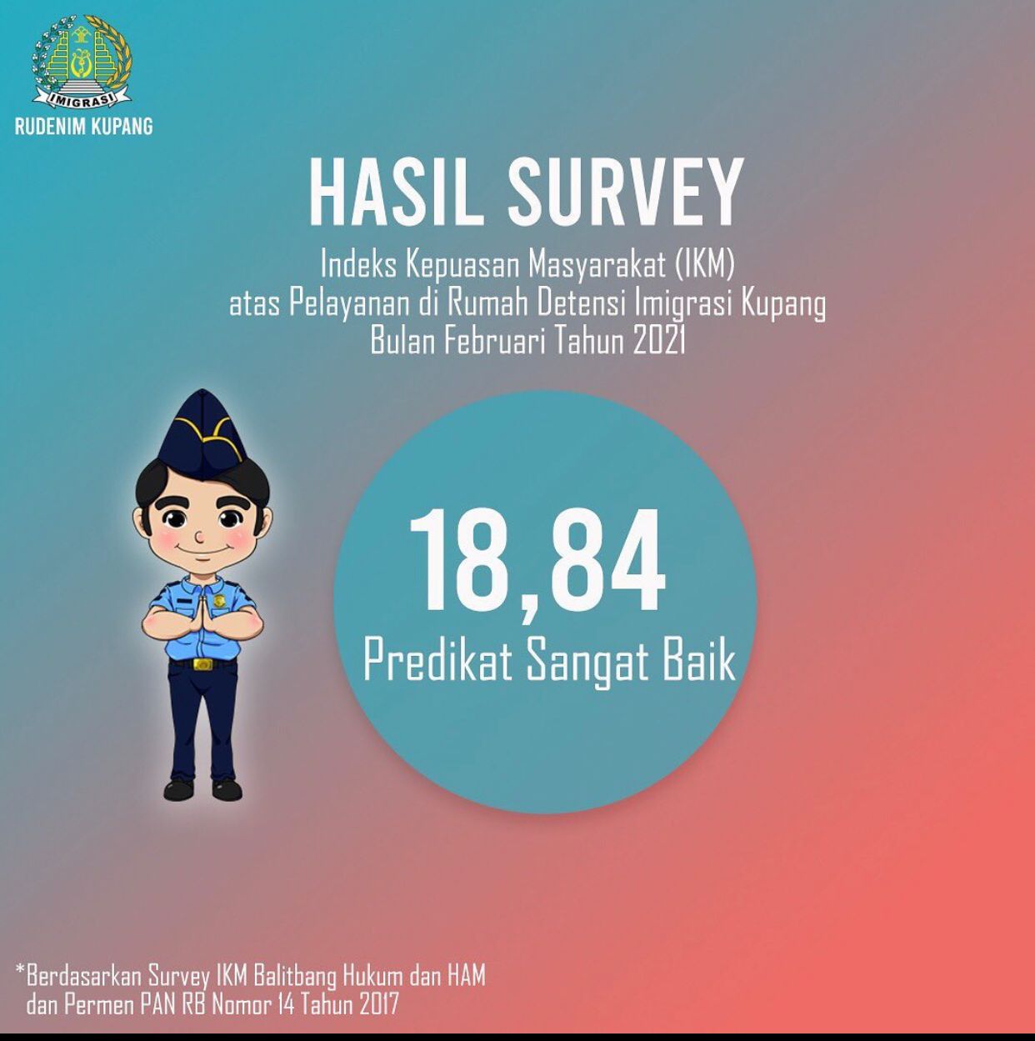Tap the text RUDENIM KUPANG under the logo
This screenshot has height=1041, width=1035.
tap(83, 127)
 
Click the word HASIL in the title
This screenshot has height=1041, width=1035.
tap(397, 193)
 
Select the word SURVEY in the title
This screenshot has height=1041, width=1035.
tap(623, 193)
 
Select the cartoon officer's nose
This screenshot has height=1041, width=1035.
tap(198, 538)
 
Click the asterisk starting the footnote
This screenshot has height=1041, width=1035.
tap(21, 973)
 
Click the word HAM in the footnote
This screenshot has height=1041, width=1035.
tap(466, 975)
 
